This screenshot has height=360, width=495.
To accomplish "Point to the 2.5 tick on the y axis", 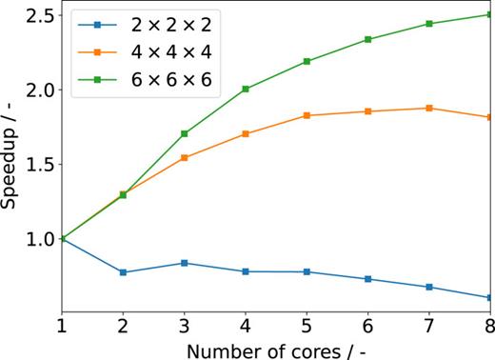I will pyautogui.click(x=36, y=16).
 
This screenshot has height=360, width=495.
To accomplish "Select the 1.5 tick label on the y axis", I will pyautogui.click(x=36, y=164).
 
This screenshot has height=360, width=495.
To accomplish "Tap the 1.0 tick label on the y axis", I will pyautogui.click(x=36, y=238).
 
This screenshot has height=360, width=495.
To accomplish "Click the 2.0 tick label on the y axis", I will pyautogui.click(x=36, y=90).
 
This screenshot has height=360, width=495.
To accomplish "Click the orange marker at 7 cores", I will pyautogui.click(x=428, y=108).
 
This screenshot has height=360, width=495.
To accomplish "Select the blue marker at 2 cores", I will pyautogui.click(x=123, y=272).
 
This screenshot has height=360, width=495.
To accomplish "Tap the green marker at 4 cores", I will pyautogui.click(x=245, y=89).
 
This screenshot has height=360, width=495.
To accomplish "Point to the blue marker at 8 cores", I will pyautogui.click(x=489, y=297).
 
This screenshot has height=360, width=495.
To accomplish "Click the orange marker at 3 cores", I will pyautogui.click(x=184, y=157).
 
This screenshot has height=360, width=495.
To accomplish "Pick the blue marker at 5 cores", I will pyautogui.click(x=307, y=271).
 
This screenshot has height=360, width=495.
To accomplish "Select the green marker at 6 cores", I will pyautogui.click(x=367, y=39).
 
